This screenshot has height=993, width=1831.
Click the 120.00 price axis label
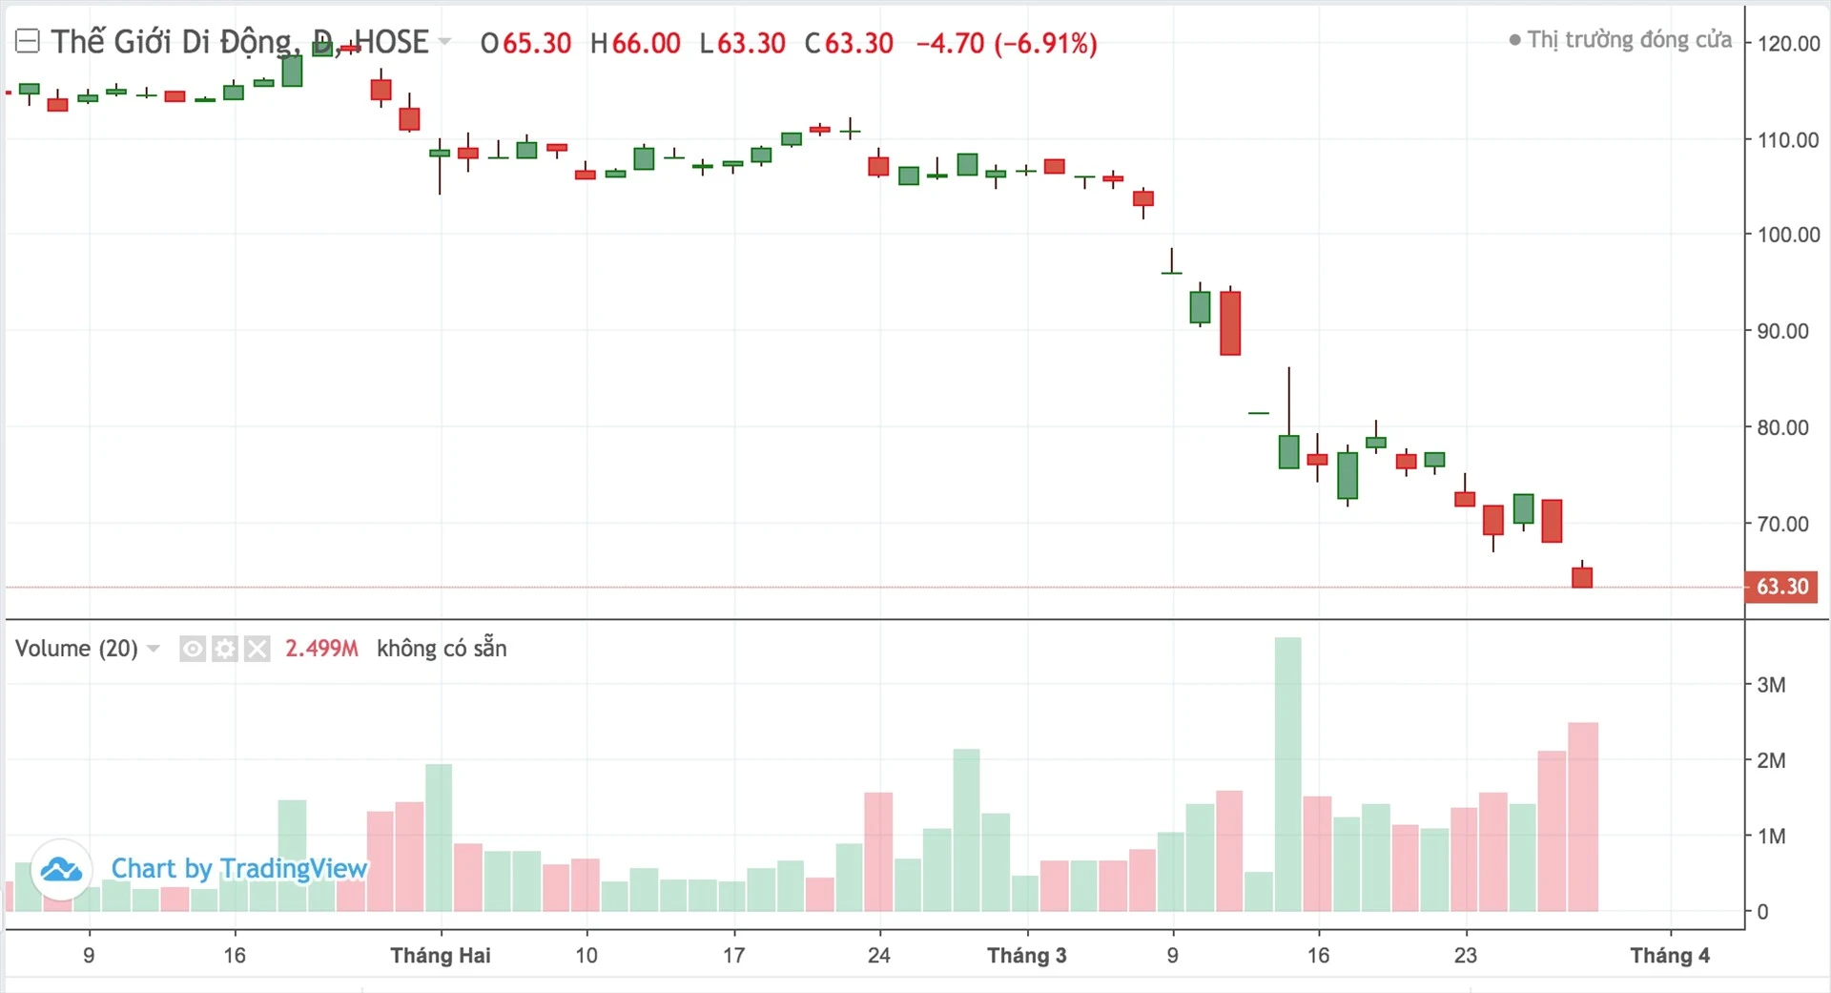(1788, 43)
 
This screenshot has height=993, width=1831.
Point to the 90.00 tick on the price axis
(1781, 331)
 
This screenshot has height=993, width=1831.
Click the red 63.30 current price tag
(1781, 587)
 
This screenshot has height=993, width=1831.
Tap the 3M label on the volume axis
(1771, 685)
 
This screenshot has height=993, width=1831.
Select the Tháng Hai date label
(440, 956)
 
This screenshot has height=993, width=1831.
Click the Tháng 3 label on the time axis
(1026, 956)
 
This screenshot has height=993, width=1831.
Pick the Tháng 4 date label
(1669, 956)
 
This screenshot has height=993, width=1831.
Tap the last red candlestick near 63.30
(1582, 577)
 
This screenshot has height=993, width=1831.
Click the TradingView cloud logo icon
(62, 869)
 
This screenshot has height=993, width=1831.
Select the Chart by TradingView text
(238, 868)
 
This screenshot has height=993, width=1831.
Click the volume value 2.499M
(321, 649)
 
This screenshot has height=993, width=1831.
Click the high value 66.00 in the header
(646, 43)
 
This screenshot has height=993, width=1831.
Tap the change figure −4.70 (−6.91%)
(1006, 43)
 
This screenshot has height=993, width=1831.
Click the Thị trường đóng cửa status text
(1629, 40)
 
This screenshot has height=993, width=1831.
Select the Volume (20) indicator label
(76, 649)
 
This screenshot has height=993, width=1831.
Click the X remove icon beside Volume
(257, 650)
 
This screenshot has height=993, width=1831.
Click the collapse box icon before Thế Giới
(28, 41)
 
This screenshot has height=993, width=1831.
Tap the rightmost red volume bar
(1583, 817)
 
